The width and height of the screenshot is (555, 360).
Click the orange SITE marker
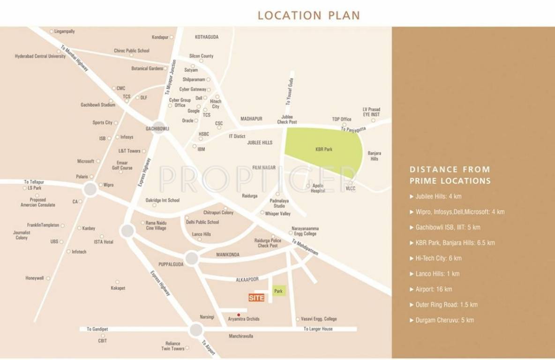pyautogui.click(x=256, y=298)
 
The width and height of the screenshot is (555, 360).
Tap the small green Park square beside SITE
pyautogui.click(x=279, y=291)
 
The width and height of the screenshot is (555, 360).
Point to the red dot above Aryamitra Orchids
pyautogui.click(x=239, y=315)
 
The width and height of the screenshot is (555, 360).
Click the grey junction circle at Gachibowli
pyautogui.click(x=158, y=128)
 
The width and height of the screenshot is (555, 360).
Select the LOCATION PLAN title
pyautogui.click(x=308, y=15)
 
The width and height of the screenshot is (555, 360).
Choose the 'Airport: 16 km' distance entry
pyautogui.click(x=434, y=289)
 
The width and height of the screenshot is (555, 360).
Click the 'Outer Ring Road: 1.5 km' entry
pyautogui.click(x=446, y=305)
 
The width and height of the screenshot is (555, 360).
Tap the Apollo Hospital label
pyautogui.click(x=319, y=188)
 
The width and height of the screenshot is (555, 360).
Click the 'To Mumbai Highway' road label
pyautogui.click(x=75, y=58)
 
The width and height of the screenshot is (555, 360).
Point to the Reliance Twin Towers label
pyautogui.click(x=172, y=346)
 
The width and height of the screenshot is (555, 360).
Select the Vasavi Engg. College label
pyautogui.click(x=319, y=319)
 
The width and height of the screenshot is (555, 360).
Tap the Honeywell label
pyautogui.click(x=35, y=278)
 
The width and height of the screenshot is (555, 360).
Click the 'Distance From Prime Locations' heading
pyautogui.click(x=450, y=175)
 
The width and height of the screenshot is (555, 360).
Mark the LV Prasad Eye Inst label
pyautogui.click(x=371, y=112)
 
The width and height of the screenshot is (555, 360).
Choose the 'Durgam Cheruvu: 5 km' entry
pyautogui.click(x=444, y=320)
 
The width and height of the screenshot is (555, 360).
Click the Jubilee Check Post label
pyautogui.click(x=287, y=119)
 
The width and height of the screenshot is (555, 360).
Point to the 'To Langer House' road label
pyautogui.click(x=318, y=329)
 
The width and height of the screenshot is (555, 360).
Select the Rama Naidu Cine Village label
pyautogui.click(x=156, y=225)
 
